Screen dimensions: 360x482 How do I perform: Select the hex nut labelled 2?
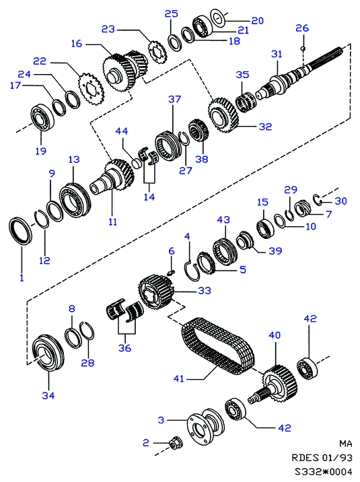click(x=176, y=442)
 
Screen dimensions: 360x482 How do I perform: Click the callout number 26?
click(x=301, y=28)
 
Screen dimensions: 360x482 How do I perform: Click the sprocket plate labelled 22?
click(x=91, y=86)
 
